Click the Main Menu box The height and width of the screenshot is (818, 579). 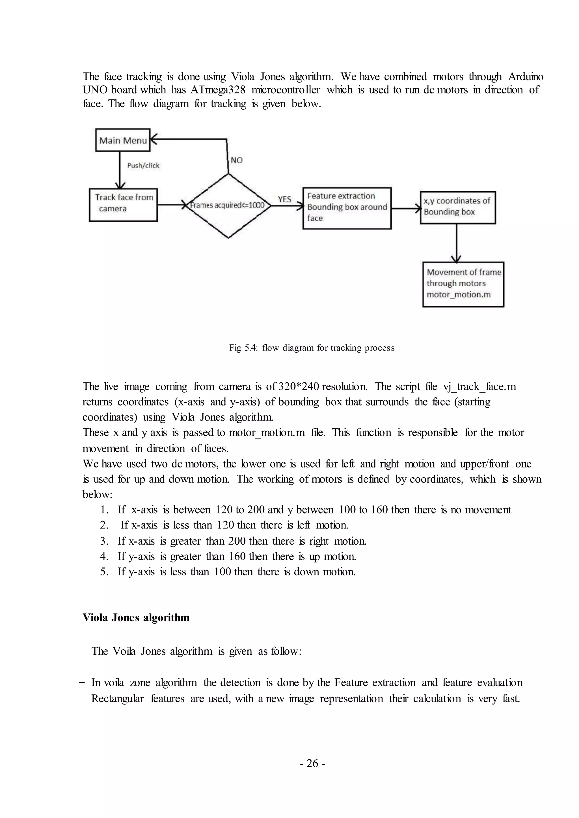click(x=123, y=140)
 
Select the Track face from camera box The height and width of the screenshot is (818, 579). click(x=123, y=205)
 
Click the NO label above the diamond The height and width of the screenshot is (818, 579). click(x=236, y=160)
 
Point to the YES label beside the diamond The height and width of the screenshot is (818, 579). click(x=284, y=199)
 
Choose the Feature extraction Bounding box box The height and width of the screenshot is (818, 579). click(x=347, y=208)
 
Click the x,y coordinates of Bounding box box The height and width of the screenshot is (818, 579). click(x=457, y=207)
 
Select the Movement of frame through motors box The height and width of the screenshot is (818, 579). click(x=463, y=284)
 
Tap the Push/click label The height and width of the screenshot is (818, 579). click(x=143, y=165)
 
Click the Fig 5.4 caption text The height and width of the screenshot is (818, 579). click(x=312, y=348)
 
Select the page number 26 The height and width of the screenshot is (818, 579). click(x=312, y=763)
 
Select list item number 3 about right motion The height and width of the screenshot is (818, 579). click(x=233, y=541)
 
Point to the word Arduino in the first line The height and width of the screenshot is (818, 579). click(x=526, y=76)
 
